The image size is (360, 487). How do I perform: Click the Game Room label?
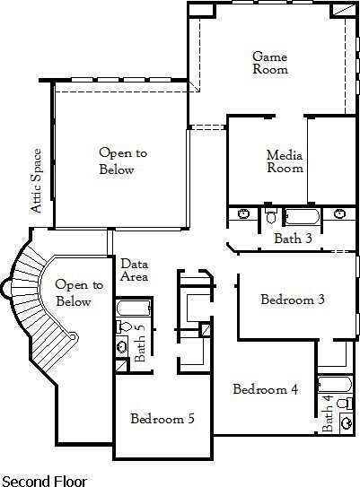pos(270,63)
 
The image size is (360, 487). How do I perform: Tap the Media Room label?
pos(285,161)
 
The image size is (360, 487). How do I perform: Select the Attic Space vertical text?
pos(36,181)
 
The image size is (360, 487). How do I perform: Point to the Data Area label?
pos(134,270)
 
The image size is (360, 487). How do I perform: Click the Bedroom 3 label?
pos(293,300)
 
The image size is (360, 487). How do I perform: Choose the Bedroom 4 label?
pos(266,389)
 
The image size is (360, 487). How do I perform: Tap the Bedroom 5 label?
pos(162,419)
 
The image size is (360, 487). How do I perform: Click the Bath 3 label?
pos(293,239)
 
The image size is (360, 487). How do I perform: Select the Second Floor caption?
pos(44,481)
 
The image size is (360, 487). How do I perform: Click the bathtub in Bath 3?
pos(303,216)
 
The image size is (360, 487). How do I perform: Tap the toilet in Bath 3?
pos(271,215)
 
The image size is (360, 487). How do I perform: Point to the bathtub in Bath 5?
pos(134,309)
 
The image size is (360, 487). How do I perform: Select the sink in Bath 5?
pos(121,345)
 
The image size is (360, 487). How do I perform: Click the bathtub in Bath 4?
pos(335,384)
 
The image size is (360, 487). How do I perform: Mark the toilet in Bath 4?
pos(345,404)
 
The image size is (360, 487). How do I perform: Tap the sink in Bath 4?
pos(346,422)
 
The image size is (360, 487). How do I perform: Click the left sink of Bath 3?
pos(243,213)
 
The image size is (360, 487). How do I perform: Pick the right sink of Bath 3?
pos(339,213)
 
